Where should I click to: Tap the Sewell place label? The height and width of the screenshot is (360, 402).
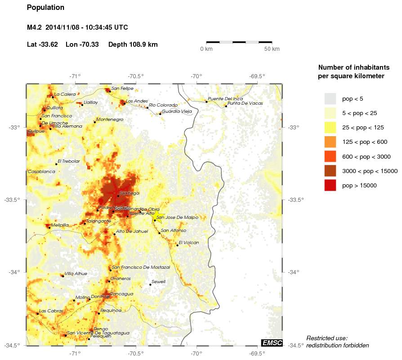[x=158, y=282]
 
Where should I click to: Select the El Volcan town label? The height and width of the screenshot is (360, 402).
[x=188, y=243]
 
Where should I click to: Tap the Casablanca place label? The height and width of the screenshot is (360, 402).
[x=41, y=172]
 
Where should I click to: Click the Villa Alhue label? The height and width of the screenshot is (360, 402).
[x=76, y=273]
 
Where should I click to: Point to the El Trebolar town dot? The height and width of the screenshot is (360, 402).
[x=57, y=164]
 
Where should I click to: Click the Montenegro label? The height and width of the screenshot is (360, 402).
[x=110, y=120]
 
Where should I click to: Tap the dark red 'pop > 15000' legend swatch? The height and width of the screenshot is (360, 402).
[x=331, y=185]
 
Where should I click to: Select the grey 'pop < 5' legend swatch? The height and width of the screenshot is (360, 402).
[x=331, y=98]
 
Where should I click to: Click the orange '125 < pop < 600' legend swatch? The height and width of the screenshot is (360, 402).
[x=331, y=142]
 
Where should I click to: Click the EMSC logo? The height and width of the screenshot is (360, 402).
[x=272, y=343]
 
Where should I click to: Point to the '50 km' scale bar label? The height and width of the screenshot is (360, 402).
[x=272, y=49]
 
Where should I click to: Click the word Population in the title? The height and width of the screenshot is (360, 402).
[x=45, y=8]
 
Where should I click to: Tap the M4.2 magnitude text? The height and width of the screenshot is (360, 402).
[x=34, y=27]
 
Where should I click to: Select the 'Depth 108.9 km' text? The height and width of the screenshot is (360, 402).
[x=133, y=44]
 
